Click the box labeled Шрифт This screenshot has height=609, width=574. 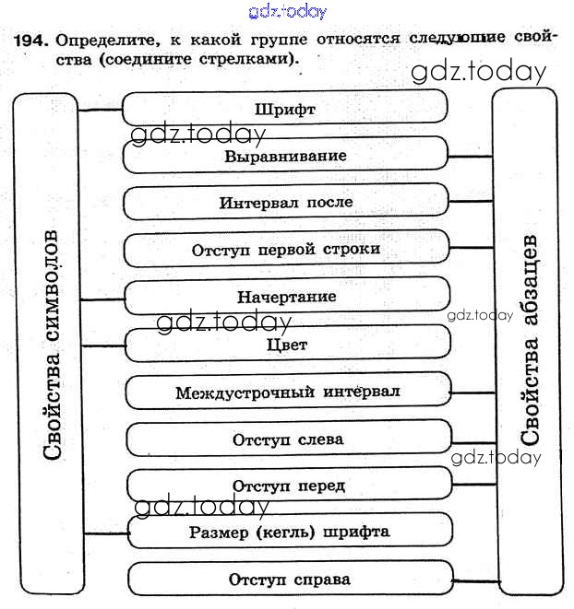coord(284,109)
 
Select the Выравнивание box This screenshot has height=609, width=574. coord(285,155)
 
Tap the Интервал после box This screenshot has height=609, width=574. coord(285,202)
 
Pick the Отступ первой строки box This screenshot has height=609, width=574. coord(285,250)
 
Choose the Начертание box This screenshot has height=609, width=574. coord(286,297)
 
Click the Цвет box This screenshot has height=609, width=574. coord(286,345)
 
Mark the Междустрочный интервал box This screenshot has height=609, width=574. coord(287,392)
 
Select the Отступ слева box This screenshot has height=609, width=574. coord(288,439)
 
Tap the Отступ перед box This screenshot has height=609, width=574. coord(289,486)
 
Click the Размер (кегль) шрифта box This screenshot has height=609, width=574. coord(289,532)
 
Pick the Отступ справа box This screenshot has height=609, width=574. coord(289,580)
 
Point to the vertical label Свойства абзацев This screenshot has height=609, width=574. coord(530,341)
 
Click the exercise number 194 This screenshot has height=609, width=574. coord(31,41)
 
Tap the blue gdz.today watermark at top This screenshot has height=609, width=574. coord(288,11)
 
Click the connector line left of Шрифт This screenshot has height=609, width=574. coord(101,111)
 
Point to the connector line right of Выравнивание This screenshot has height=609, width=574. coord(471,156)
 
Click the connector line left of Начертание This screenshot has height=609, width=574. coord(102,300)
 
